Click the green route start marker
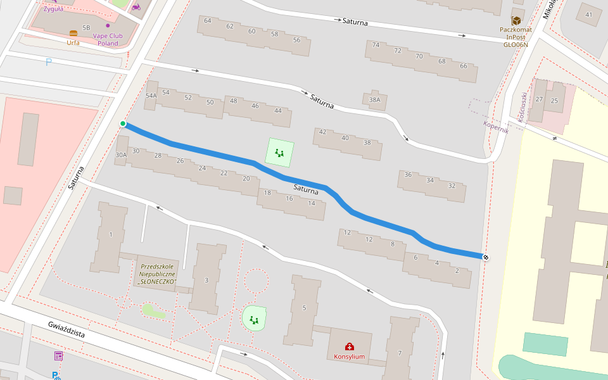(x=123, y=123)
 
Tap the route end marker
(x=486, y=257)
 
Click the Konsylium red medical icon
(x=349, y=346)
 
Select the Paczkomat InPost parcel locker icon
(x=516, y=20)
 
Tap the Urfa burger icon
(x=73, y=33)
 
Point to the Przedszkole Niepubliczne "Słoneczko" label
(x=158, y=274)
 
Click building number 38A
(x=375, y=99)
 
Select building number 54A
(x=151, y=96)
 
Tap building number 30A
(x=121, y=155)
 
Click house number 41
(x=589, y=15)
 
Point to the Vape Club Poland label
(x=108, y=39)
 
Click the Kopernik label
(x=496, y=126)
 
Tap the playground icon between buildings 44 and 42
(x=279, y=152)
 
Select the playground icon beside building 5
(x=254, y=320)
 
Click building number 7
(x=400, y=353)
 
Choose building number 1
(x=111, y=235)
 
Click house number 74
(x=376, y=45)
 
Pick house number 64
(x=208, y=20)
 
